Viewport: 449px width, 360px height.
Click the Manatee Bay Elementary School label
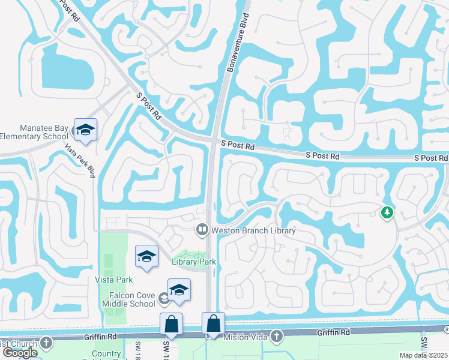click(35, 132)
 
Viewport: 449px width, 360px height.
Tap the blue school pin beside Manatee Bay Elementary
click(85, 130)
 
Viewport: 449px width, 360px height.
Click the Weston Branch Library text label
click(253, 230)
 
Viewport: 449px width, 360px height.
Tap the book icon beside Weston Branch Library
click(202, 230)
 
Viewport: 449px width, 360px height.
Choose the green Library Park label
click(193, 261)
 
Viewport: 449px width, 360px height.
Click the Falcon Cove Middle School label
click(124, 298)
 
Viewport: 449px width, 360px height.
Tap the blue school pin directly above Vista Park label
click(146, 257)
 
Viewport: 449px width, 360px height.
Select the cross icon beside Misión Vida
click(276, 336)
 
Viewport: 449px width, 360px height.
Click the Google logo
click(20, 353)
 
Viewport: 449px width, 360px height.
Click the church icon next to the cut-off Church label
click(46, 343)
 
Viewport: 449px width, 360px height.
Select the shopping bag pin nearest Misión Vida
click(213, 324)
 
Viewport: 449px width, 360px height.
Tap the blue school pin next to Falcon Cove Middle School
click(179, 290)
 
